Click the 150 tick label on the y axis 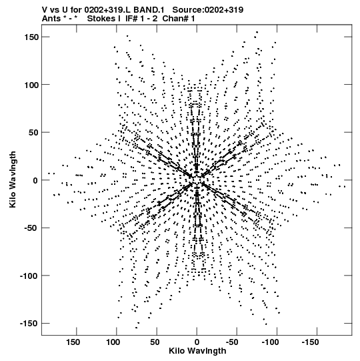tap(31, 37)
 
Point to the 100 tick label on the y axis tap(31, 85)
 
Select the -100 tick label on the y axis tap(29, 276)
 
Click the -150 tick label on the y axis tap(29, 323)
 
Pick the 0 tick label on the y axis tap(35, 180)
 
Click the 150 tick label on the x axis tap(73, 342)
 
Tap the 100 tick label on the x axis tap(113, 342)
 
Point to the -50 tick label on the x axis tap(232, 342)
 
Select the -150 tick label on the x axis tap(310, 342)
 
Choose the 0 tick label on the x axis tap(197, 342)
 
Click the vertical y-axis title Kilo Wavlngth tap(13, 179)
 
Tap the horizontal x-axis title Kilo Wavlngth tap(197, 351)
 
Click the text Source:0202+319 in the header tap(208, 10)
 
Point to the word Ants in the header tap(51, 19)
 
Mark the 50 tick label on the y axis tap(33, 133)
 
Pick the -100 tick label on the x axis tap(270, 342)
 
